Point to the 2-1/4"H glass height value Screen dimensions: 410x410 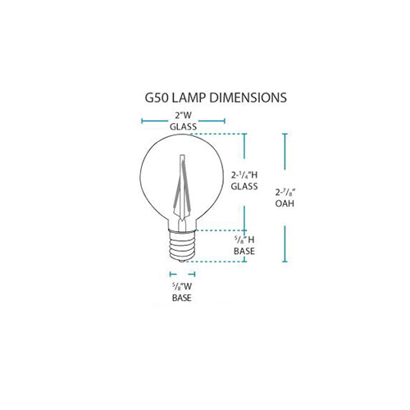244,175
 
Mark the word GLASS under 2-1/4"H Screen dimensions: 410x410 244,187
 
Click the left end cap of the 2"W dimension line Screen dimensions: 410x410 143,121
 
